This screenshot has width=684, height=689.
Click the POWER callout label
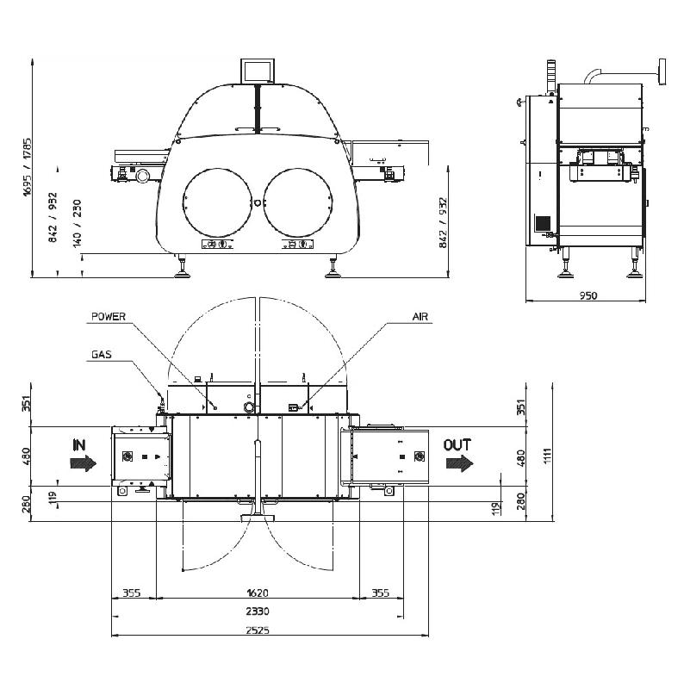pos(109,317)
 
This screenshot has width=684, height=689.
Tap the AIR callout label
pos(420,317)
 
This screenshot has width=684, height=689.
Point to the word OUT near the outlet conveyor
pos(457,445)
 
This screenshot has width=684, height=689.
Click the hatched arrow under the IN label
pos(83,463)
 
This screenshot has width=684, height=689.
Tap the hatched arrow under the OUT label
pos(459,463)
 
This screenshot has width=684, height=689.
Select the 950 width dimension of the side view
pos(588,295)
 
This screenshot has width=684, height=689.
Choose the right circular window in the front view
pos(298,202)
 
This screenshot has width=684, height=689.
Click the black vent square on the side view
pos(543,222)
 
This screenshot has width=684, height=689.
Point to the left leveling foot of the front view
pos(182,274)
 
